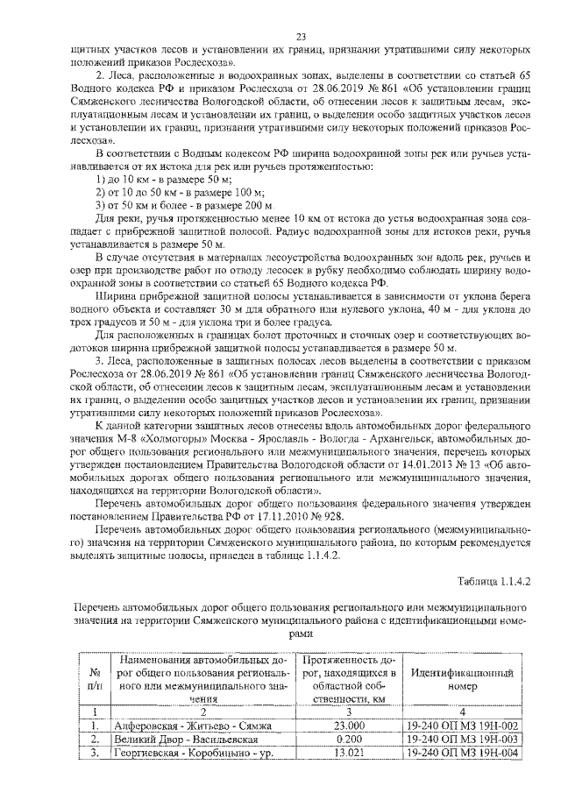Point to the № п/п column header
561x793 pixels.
point(94,679)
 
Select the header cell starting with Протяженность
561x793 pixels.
point(344,679)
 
